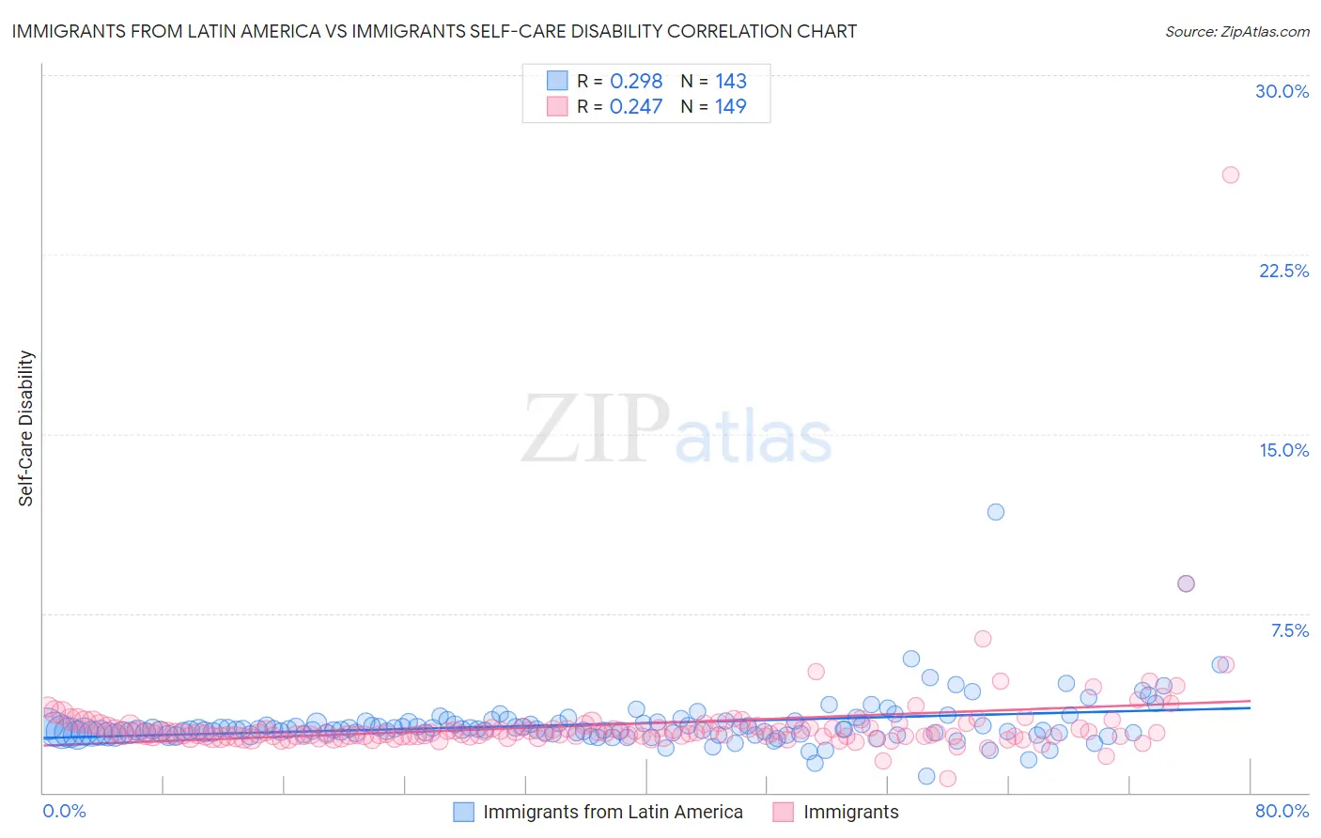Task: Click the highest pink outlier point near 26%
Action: tap(1230, 175)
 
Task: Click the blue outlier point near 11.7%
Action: tap(996, 512)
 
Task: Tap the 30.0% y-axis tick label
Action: tap(1282, 91)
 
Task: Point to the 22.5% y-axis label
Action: tap(1283, 271)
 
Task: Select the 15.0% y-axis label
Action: tap(1283, 450)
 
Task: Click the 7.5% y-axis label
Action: tap(1289, 630)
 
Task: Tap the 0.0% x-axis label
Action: tap(64, 811)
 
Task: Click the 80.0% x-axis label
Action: tap(1282, 811)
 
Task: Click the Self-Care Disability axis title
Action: tap(26, 428)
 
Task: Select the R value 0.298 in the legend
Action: tap(636, 81)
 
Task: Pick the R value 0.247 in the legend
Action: tap(636, 106)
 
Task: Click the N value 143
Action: tap(730, 81)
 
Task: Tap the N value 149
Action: tap(730, 106)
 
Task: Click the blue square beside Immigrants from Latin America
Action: tap(463, 812)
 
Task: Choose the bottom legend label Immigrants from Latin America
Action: tap(613, 812)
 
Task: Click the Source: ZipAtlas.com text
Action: tap(1236, 31)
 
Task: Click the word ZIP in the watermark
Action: tap(595, 429)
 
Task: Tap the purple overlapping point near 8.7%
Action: tap(1186, 583)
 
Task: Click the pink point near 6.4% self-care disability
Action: tap(983, 639)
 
